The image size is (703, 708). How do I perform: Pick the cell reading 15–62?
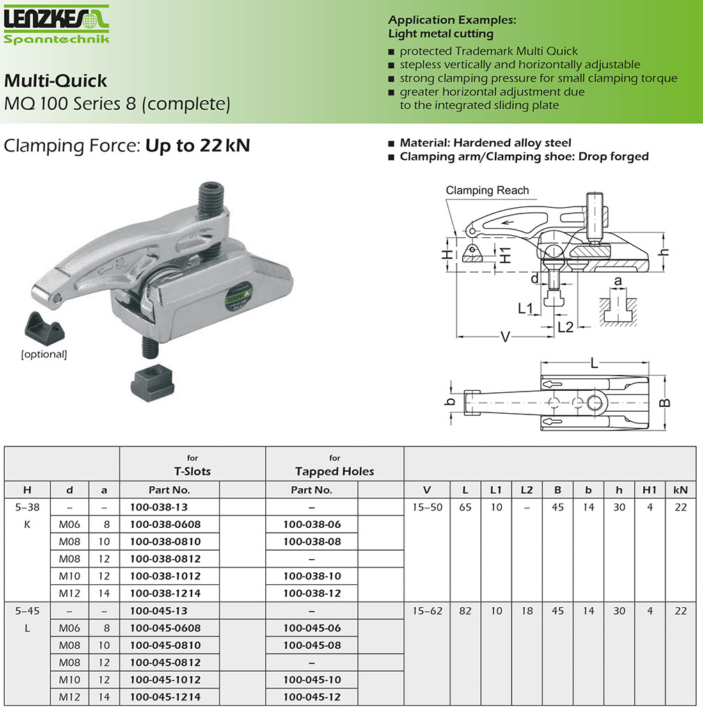(427, 611)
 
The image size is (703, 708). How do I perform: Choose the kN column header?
(681, 490)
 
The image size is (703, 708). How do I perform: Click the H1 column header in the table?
(649, 490)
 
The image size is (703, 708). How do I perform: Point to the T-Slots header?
(192, 471)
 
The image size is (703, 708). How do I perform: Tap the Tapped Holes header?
(334, 471)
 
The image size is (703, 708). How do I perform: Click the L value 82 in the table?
(465, 611)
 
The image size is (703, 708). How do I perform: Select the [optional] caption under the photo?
(44, 355)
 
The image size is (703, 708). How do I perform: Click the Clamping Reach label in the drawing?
(487, 191)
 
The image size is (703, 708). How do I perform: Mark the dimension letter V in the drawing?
(506, 337)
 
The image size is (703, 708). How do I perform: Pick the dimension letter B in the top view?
(665, 403)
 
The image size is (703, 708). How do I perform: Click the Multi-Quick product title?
(56, 81)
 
